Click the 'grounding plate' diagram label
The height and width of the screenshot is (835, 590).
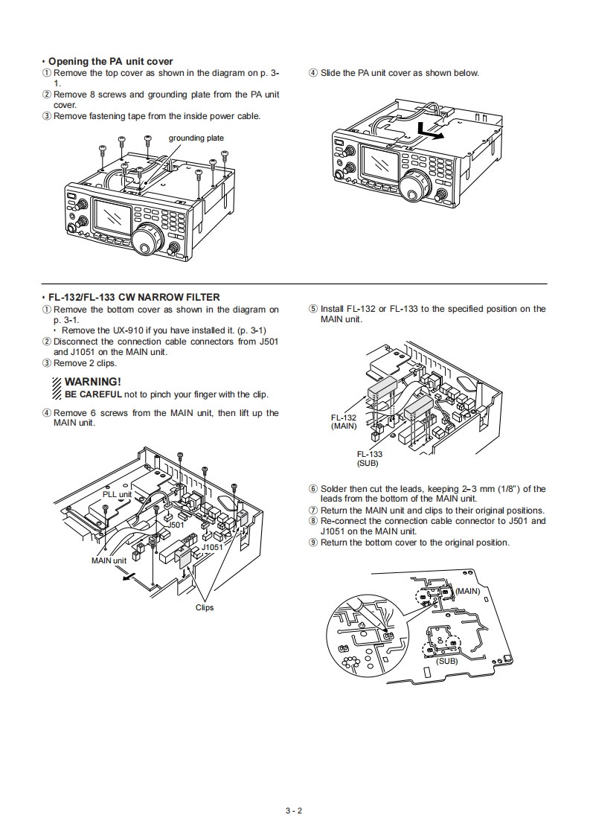point(196,138)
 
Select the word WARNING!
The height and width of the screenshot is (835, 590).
point(93,382)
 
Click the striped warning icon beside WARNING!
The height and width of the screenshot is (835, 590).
point(58,388)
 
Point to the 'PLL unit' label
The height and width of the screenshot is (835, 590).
point(117,494)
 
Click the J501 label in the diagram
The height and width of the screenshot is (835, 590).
point(176,525)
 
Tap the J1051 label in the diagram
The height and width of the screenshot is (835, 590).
point(212,547)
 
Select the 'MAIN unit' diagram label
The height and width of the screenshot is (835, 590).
point(109,560)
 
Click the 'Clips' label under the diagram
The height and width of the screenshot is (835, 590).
point(205,607)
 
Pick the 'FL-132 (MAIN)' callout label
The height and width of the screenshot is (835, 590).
point(344,422)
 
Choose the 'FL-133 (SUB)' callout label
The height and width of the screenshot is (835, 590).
point(369,458)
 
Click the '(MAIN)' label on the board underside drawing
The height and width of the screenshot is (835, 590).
point(468,591)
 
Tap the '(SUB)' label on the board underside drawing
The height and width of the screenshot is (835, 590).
point(447,660)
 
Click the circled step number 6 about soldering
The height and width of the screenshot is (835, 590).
point(313,489)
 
